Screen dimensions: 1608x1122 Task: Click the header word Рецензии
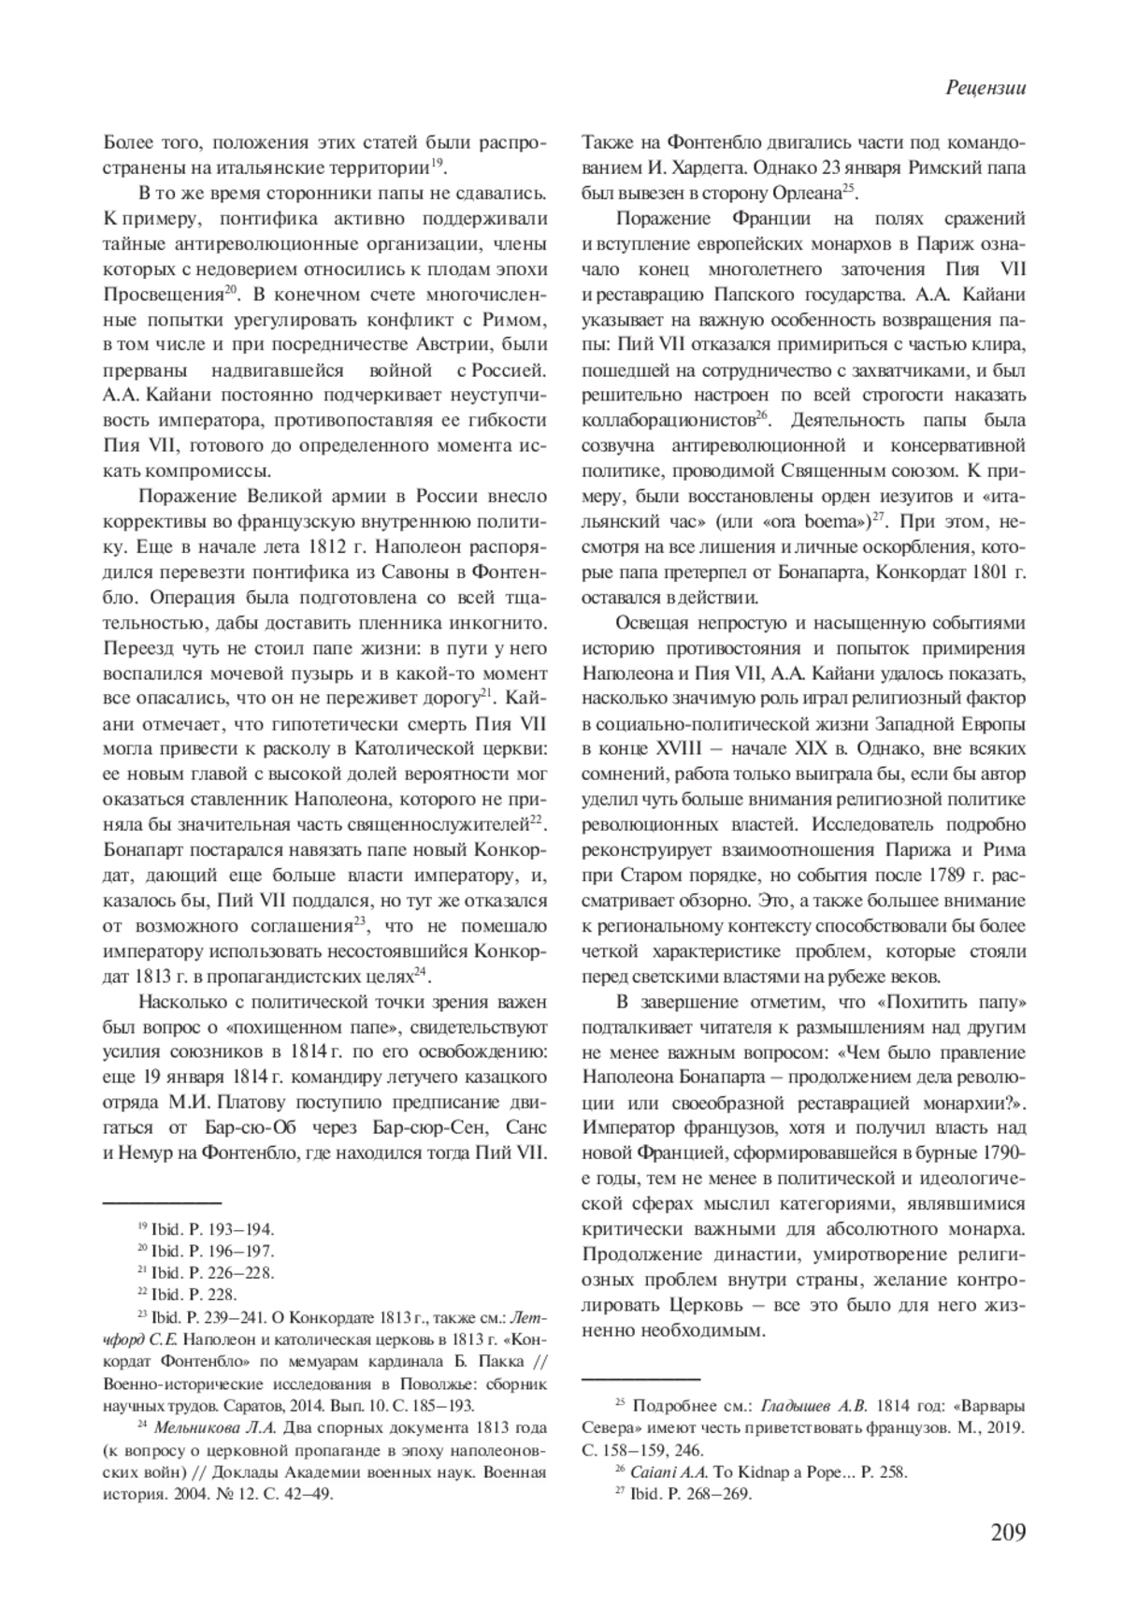[x=985, y=88]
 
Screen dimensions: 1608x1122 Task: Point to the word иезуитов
[x=890, y=494]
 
